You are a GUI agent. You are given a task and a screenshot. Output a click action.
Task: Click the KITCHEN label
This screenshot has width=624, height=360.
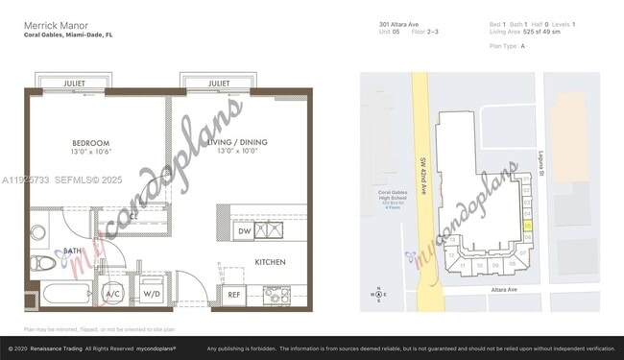click(270, 262)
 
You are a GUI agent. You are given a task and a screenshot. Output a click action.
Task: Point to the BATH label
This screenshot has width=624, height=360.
click(73, 252)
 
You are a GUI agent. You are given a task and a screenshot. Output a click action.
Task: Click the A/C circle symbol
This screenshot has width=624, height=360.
click(112, 292)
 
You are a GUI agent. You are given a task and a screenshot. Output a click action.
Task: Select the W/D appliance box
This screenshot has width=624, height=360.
click(152, 292)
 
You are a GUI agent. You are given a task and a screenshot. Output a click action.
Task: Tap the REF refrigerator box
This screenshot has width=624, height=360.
click(233, 294)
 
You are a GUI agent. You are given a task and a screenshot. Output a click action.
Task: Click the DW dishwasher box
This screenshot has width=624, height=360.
click(244, 231)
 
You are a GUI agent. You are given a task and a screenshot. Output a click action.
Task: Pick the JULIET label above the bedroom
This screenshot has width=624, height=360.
click(74, 84)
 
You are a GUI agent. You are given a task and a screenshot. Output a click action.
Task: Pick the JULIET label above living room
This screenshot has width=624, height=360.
click(218, 84)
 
